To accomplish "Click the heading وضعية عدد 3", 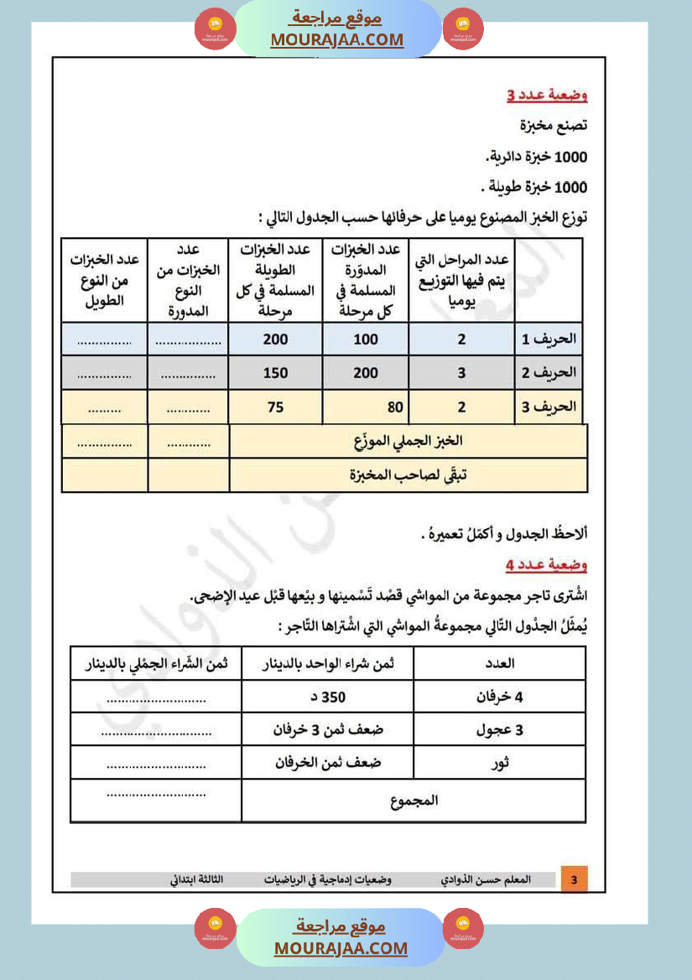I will click(x=547, y=96).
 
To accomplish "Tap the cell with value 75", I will click(x=275, y=407).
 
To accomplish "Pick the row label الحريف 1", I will click(x=549, y=340).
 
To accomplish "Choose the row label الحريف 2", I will click(x=549, y=373).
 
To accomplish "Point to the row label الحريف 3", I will click(x=549, y=407).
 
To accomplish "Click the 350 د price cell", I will click(x=328, y=697).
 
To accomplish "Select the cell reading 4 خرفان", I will click(x=501, y=697).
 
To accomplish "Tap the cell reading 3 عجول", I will click(x=501, y=729).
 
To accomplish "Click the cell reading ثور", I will click(x=501, y=763).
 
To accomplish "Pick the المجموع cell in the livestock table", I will click(x=414, y=801).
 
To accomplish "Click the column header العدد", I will click(x=501, y=663).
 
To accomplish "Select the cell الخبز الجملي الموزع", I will click(x=408, y=440).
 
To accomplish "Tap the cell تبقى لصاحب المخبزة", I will click(x=408, y=474).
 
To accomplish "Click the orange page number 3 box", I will click(x=574, y=879).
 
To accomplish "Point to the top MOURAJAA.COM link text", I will click(x=336, y=39).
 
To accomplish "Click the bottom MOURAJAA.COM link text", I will click(x=341, y=948).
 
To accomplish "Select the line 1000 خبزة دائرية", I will click(x=536, y=157).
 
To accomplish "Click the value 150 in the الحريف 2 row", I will click(x=275, y=373).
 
